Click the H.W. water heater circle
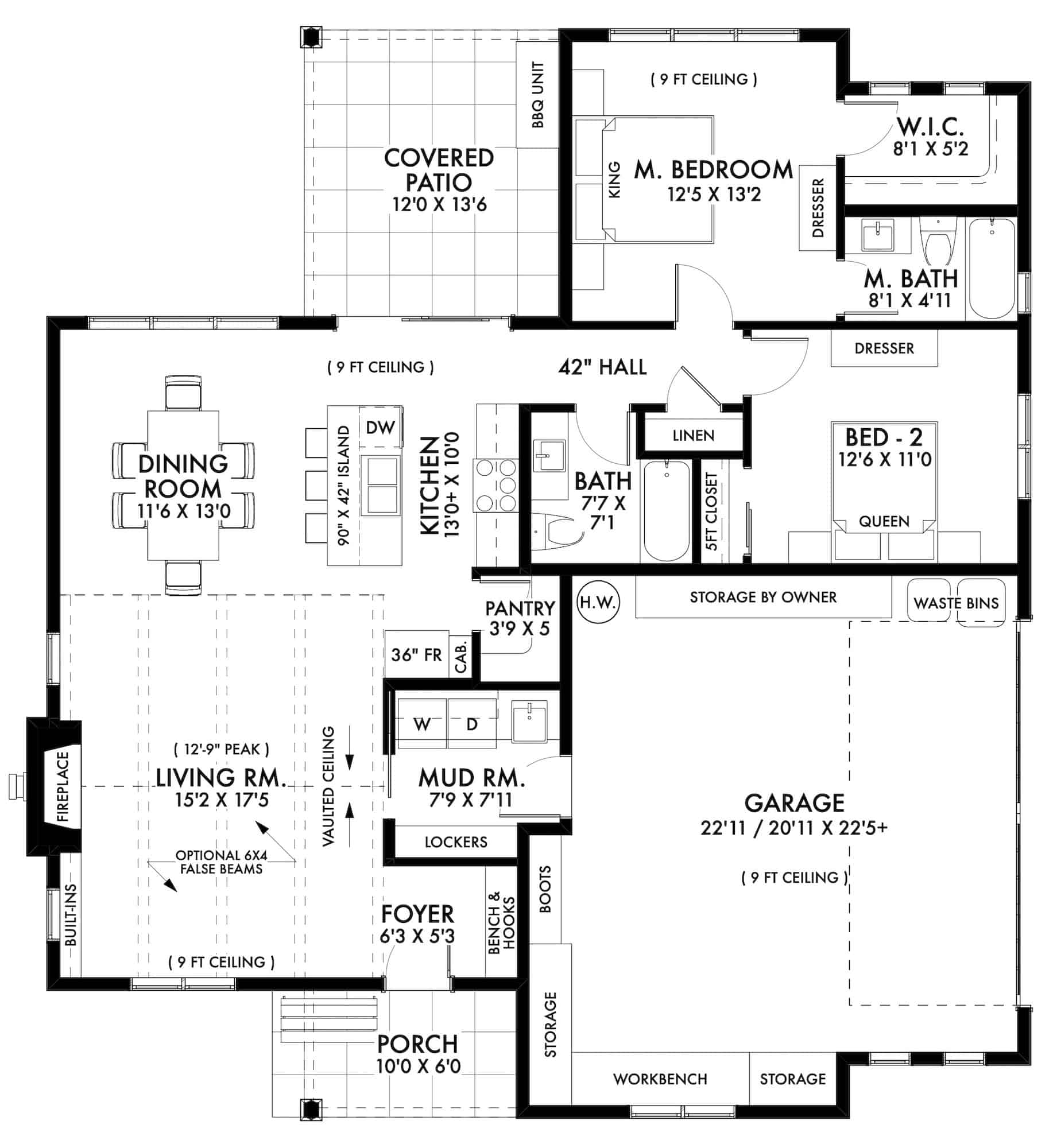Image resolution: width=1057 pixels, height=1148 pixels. click(x=597, y=602)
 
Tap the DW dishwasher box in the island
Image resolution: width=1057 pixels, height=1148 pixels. click(x=380, y=427)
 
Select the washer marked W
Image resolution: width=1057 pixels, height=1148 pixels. click(x=422, y=724)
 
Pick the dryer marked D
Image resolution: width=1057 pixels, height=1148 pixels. click(x=472, y=724)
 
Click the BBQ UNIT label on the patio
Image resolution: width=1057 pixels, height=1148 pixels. click(x=537, y=95)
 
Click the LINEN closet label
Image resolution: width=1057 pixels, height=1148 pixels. click(x=693, y=436)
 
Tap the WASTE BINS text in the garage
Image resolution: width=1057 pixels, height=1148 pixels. click(x=956, y=603)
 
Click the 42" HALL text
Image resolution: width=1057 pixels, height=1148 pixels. click(x=602, y=367)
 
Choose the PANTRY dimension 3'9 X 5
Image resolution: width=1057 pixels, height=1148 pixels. click(x=519, y=628)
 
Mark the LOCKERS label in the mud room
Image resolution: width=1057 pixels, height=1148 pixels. click(x=455, y=842)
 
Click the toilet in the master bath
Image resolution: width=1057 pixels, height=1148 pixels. click(x=937, y=244)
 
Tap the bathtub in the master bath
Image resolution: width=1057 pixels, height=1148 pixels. click(x=992, y=270)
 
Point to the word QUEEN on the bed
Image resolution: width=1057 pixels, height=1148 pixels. click(x=884, y=521)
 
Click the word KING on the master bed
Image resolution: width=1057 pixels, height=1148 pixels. click(x=614, y=180)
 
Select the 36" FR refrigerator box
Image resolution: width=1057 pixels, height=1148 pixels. click(x=416, y=654)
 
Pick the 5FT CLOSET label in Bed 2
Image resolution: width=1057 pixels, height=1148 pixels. click(x=712, y=511)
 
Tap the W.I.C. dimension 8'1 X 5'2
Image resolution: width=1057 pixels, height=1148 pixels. click(x=930, y=149)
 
